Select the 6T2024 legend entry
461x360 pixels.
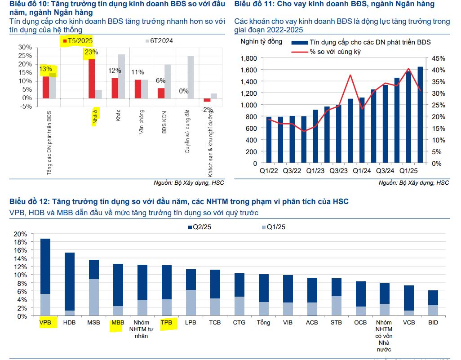coord(160,41)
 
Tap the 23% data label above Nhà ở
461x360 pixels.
coord(91,52)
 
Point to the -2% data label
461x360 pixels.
coord(207,109)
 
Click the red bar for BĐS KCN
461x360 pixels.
coord(161,93)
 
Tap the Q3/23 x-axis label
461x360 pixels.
coord(338,171)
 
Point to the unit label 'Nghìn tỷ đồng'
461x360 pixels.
coord(262,42)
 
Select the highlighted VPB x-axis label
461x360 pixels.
coord(45,322)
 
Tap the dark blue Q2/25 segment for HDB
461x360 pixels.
coord(69,281)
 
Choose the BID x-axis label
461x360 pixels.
coord(433,322)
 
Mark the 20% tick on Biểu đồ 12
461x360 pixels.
coord(21,234)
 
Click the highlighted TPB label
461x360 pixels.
coord(166,322)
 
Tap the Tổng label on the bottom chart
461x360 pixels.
coord(263,322)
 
